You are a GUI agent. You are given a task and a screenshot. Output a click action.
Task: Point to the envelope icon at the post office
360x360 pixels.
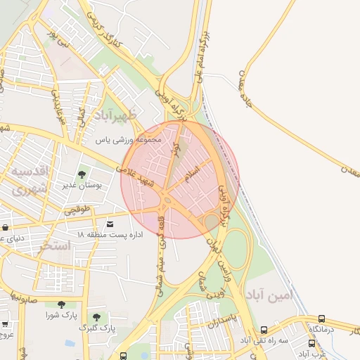tap(110, 224)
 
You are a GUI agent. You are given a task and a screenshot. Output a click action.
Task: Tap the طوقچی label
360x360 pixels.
tap(78, 210)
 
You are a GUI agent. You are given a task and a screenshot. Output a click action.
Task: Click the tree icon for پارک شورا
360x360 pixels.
tap(61, 304)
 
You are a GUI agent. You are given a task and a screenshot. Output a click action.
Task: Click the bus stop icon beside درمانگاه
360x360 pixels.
tap(322, 319)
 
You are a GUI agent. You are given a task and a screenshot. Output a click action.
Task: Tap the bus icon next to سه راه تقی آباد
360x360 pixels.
tap(264, 330)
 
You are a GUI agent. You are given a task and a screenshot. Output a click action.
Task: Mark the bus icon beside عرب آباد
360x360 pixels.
tap(311, 344)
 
